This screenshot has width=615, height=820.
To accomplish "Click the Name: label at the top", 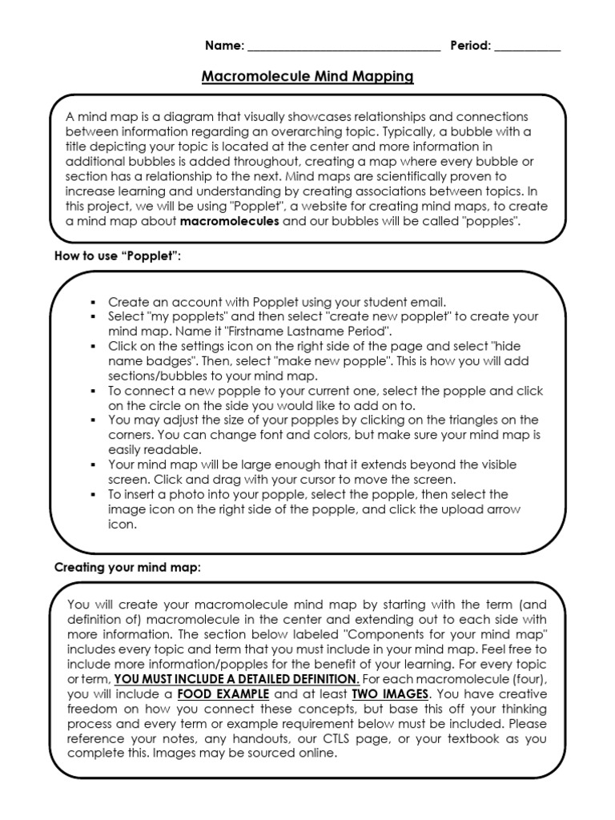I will click(224, 46).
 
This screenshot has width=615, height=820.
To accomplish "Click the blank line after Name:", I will click(344, 48).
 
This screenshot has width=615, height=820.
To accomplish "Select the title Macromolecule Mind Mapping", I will click(307, 77).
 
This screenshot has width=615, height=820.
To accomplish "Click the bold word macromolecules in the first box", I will click(230, 222).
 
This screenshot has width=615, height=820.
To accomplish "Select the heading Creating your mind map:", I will click(127, 568).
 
